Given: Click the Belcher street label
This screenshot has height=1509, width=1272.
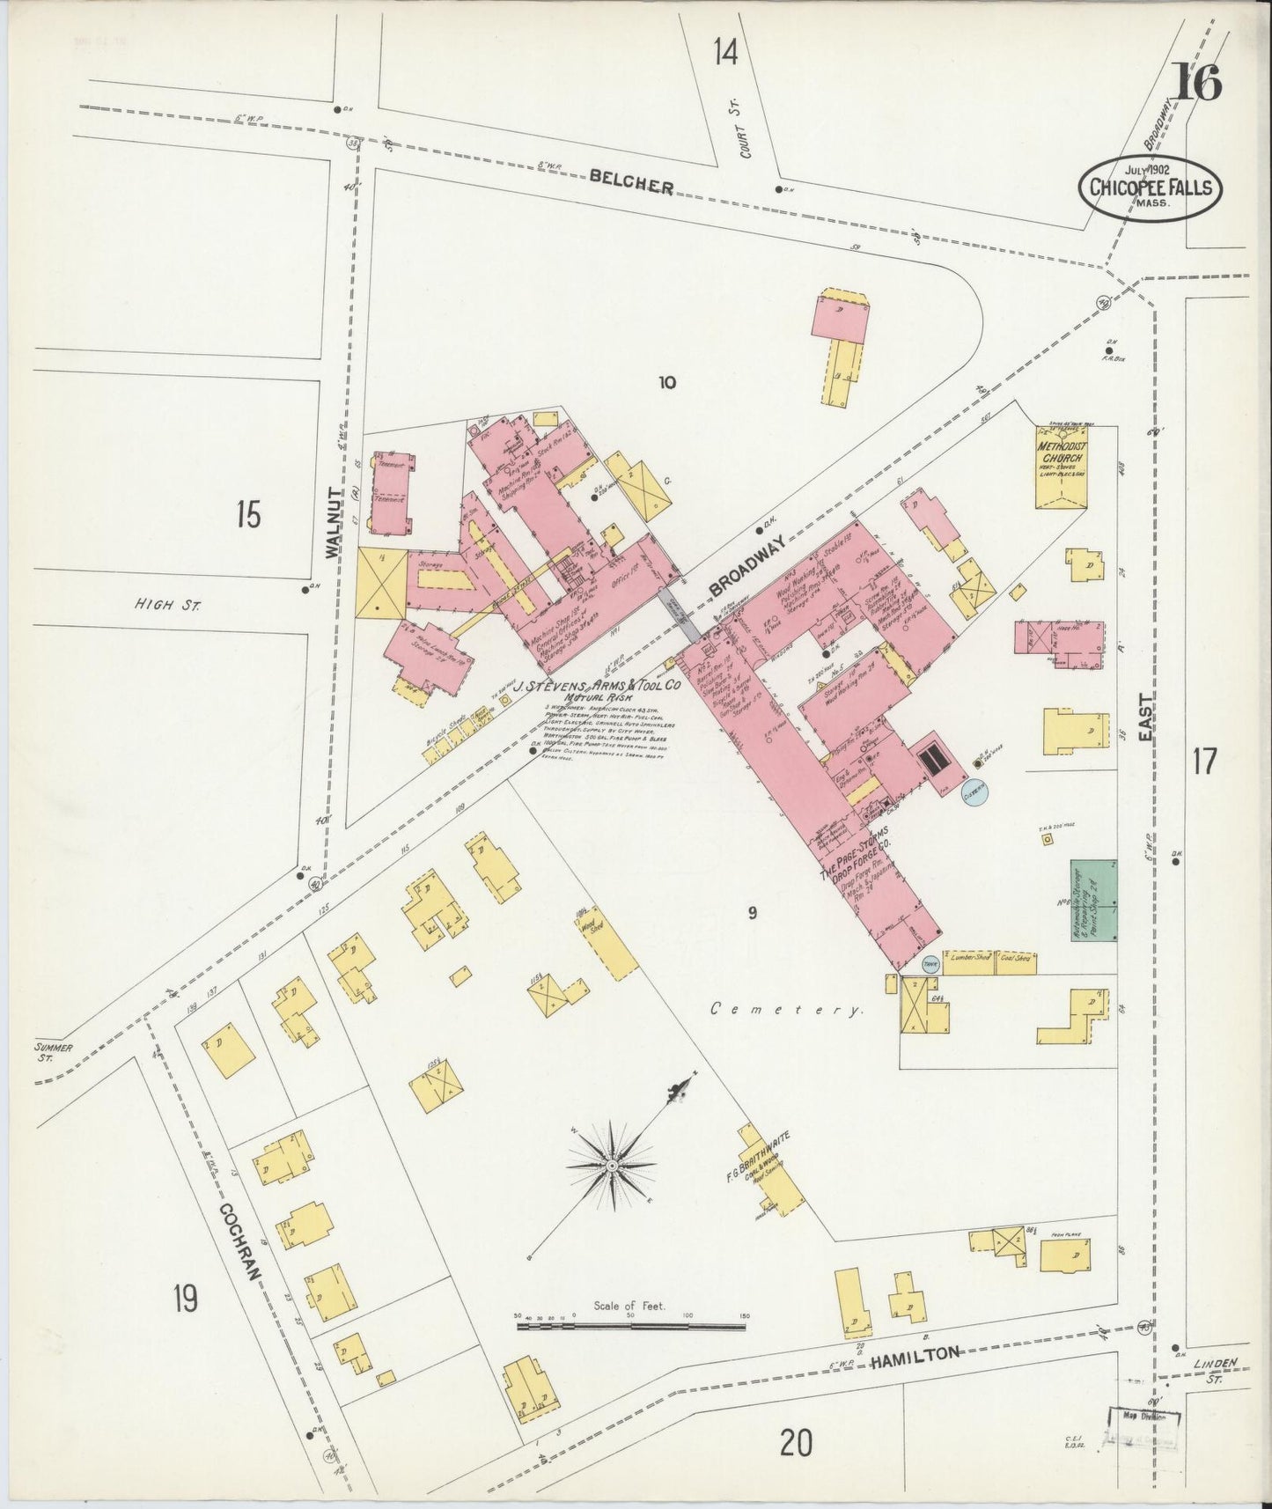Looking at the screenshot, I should (x=631, y=180).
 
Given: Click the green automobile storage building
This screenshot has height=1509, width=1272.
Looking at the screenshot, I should (x=1092, y=902).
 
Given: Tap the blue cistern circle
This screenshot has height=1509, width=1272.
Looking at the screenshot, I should (x=974, y=791).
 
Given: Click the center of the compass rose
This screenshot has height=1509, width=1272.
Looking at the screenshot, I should (x=611, y=1166).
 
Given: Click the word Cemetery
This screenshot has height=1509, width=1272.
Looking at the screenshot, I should (x=786, y=1010).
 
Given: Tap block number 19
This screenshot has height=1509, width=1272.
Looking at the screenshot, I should (x=185, y=1299).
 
